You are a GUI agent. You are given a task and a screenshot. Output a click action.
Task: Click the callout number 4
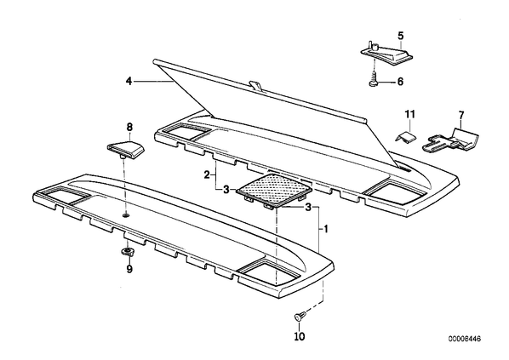point(129,81)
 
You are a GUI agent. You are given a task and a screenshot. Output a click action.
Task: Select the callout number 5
point(401,36)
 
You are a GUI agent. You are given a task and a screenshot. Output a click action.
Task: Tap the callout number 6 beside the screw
point(400,82)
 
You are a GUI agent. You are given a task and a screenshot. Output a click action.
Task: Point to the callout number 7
point(461,115)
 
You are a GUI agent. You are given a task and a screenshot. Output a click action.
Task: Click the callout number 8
point(129,127)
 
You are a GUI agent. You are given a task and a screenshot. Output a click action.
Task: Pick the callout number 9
point(129,269)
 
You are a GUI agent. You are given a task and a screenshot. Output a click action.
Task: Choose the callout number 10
point(300,337)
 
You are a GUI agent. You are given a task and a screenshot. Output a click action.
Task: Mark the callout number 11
point(409,114)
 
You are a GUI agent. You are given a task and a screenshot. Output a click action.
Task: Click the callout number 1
point(326,230)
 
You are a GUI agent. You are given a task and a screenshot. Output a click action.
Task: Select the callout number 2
point(207,175)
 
